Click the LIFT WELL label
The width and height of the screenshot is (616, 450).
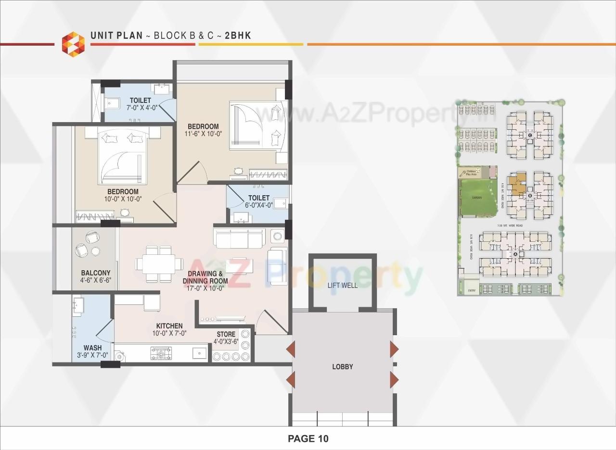[x=342, y=285]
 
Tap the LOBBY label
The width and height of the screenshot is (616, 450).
[x=342, y=366]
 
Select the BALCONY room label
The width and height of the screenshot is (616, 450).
[x=95, y=273]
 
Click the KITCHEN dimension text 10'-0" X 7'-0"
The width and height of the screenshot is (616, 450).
[x=169, y=333]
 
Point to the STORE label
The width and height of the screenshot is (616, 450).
[x=226, y=334]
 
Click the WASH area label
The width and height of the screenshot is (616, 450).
[x=92, y=348]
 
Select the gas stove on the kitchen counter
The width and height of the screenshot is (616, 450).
[x=161, y=353]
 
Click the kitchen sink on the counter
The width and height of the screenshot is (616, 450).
[x=198, y=353]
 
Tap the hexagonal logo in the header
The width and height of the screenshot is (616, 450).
[x=73, y=44]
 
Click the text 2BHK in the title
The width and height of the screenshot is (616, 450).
[x=238, y=36]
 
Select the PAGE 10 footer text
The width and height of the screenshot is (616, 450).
[x=308, y=438]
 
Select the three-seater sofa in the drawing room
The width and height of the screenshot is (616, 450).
[x=239, y=238]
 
